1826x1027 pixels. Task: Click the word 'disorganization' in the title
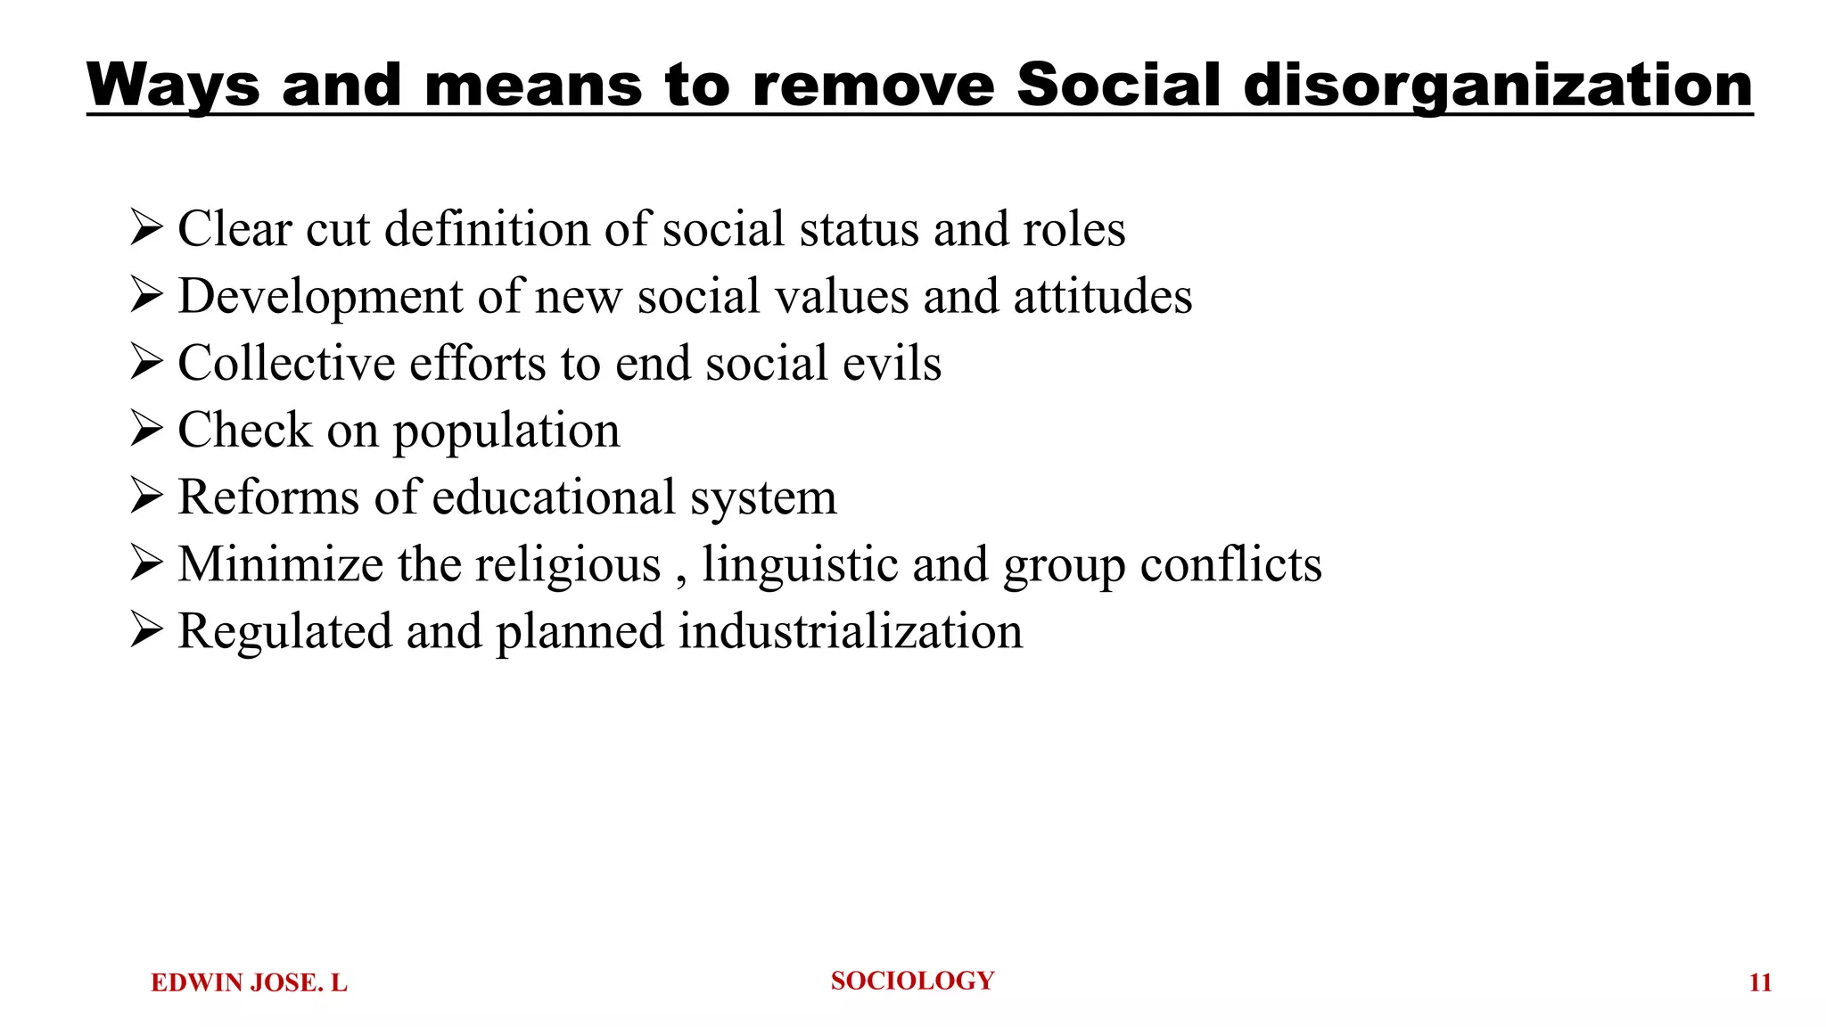pos(1498,86)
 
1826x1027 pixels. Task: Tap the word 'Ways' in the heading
pos(173,86)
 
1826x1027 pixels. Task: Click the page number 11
pos(1760,982)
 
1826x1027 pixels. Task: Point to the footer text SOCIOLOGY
pos(912,981)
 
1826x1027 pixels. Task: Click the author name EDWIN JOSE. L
pos(249,982)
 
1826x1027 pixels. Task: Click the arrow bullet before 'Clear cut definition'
pos(146,227)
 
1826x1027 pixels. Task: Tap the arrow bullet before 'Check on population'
pos(146,429)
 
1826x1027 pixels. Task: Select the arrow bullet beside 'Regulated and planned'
pos(146,629)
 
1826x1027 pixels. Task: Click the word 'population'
pos(506,431)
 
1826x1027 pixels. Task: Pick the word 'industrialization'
pos(851,631)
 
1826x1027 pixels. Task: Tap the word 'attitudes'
pos(1103,296)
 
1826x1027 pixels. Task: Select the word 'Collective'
pos(286,364)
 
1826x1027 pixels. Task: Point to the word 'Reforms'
pos(268,497)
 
